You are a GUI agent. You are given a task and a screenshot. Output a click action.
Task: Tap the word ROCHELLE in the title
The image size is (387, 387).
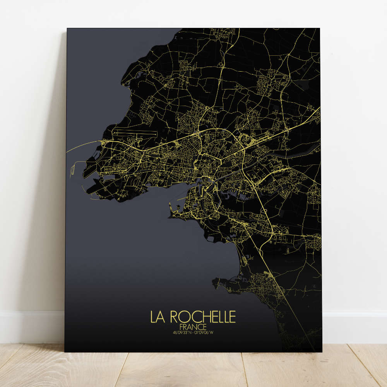pyautogui.click(x=202, y=317)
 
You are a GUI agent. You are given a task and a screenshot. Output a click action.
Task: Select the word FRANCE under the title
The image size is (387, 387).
pyautogui.click(x=193, y=327)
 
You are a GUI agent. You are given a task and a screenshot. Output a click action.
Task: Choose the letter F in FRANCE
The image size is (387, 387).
pyautogui.click(x=182, y=327)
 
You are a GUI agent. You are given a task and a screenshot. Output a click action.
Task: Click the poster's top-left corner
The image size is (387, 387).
pyautogui.click(x=67, y=28)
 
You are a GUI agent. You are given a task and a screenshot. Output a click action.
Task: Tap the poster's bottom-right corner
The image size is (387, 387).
pyautogui.click(x=321, y=352)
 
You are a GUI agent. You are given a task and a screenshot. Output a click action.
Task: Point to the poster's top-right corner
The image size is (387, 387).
pyautogui.click(x=320, y=28)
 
